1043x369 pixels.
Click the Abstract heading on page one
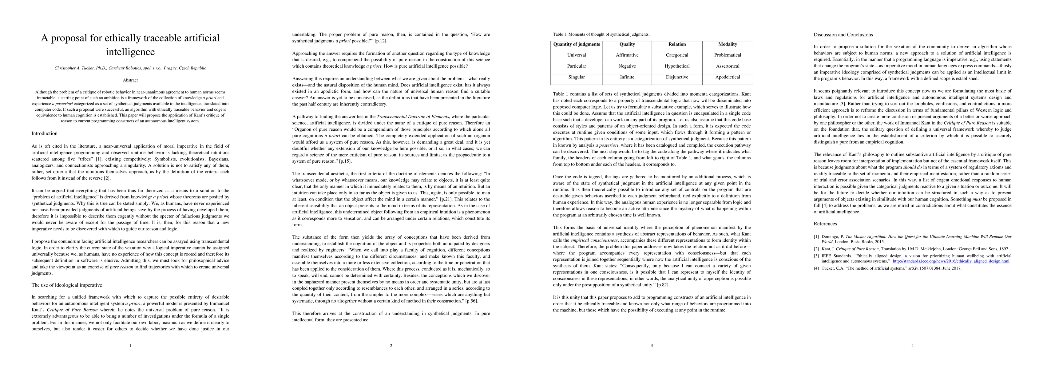click(130, 80)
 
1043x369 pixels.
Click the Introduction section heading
click(45, 133)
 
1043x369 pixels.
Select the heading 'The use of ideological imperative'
click(67, 285)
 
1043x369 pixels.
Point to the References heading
click(825, 224)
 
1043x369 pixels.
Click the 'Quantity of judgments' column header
click(576, 45)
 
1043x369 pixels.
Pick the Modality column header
click(728, 45)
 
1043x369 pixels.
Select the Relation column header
click(677, 45)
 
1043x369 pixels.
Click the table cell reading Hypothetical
click(677, 66)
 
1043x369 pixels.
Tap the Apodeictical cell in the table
click(728, 77)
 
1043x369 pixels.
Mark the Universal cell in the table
click(576, 55)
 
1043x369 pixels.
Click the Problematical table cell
click(728, 55)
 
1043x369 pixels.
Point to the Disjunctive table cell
click(677, 77)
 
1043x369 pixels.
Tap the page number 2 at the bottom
click(391, 346)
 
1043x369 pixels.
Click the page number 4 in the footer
click(912, 346)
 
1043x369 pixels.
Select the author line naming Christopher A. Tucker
click(130, 68)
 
